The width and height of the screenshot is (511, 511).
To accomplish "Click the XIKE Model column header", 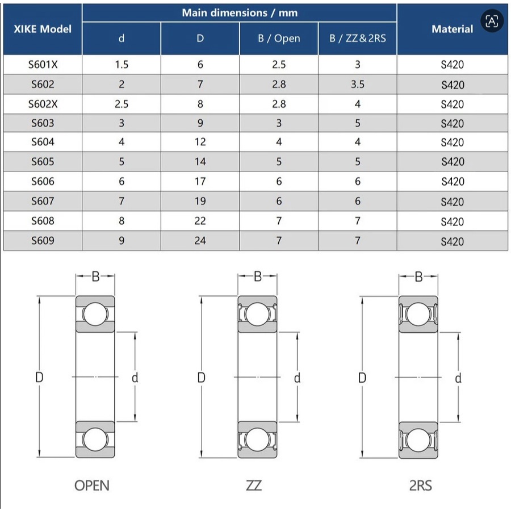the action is [x=43, y=29].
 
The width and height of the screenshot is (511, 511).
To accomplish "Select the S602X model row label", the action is [x=43, y=104].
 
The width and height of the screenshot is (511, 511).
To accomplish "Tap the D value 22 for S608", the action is [x=200, y=221].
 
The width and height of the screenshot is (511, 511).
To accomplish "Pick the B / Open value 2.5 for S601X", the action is [x=279, y=65].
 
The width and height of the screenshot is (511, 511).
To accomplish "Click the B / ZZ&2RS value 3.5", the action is [x=358, y=85].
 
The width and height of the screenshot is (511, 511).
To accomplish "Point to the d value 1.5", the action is [x=122, y=65].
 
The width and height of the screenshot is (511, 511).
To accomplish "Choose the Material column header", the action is [x=452, y=29].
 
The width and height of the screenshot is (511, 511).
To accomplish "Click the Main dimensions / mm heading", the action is [x=240, y=12].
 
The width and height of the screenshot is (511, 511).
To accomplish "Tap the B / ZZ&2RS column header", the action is [x=358, y=39].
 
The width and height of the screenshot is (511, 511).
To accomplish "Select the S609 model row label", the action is [x=43, y=241].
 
